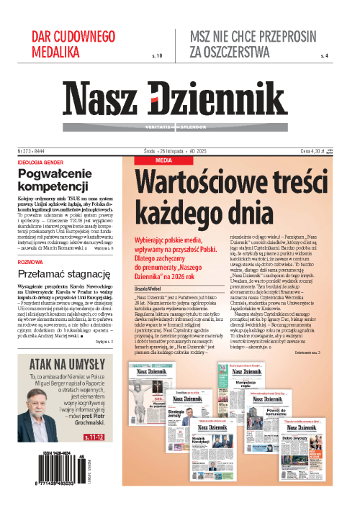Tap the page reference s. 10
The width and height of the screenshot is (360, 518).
click(158, 55)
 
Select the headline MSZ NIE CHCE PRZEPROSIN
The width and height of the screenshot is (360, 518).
click(258, 36)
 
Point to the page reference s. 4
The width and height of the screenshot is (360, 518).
click(323, 55)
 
